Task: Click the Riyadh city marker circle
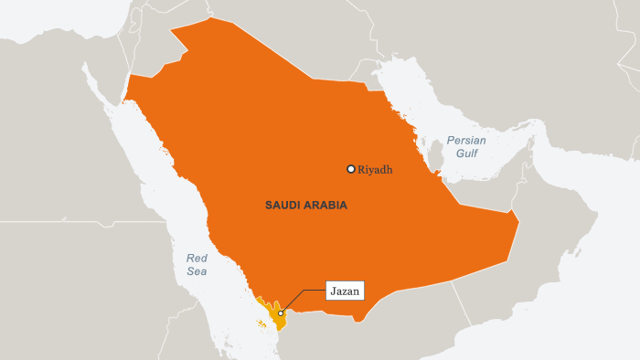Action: (350, 169)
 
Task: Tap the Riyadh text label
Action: (376, 169)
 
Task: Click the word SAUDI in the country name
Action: (283, 206)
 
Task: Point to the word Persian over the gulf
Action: (466, 141)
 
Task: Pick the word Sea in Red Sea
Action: (197, 271)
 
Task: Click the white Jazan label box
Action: (345, 291)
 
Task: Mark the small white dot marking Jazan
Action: (281, 313)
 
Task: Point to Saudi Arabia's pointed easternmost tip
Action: (517, 222)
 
